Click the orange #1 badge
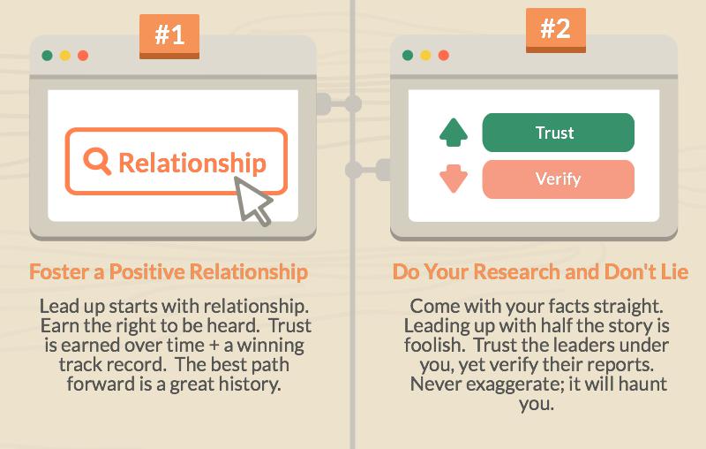(169, 35)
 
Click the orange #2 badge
(554, 29)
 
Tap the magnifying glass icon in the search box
(96, 160)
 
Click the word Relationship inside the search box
(192, 163)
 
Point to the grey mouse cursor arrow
(252, 198)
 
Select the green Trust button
(558, 133)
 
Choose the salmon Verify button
(558, 179)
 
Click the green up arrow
(453, 133)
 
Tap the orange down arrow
(453, 179)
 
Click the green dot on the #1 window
(47, 55)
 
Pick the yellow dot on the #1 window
(64, 55)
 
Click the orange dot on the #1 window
(83, 55)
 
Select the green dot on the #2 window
(408, 55)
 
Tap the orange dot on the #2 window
(444, 55)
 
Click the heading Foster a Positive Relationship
(169, 271)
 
